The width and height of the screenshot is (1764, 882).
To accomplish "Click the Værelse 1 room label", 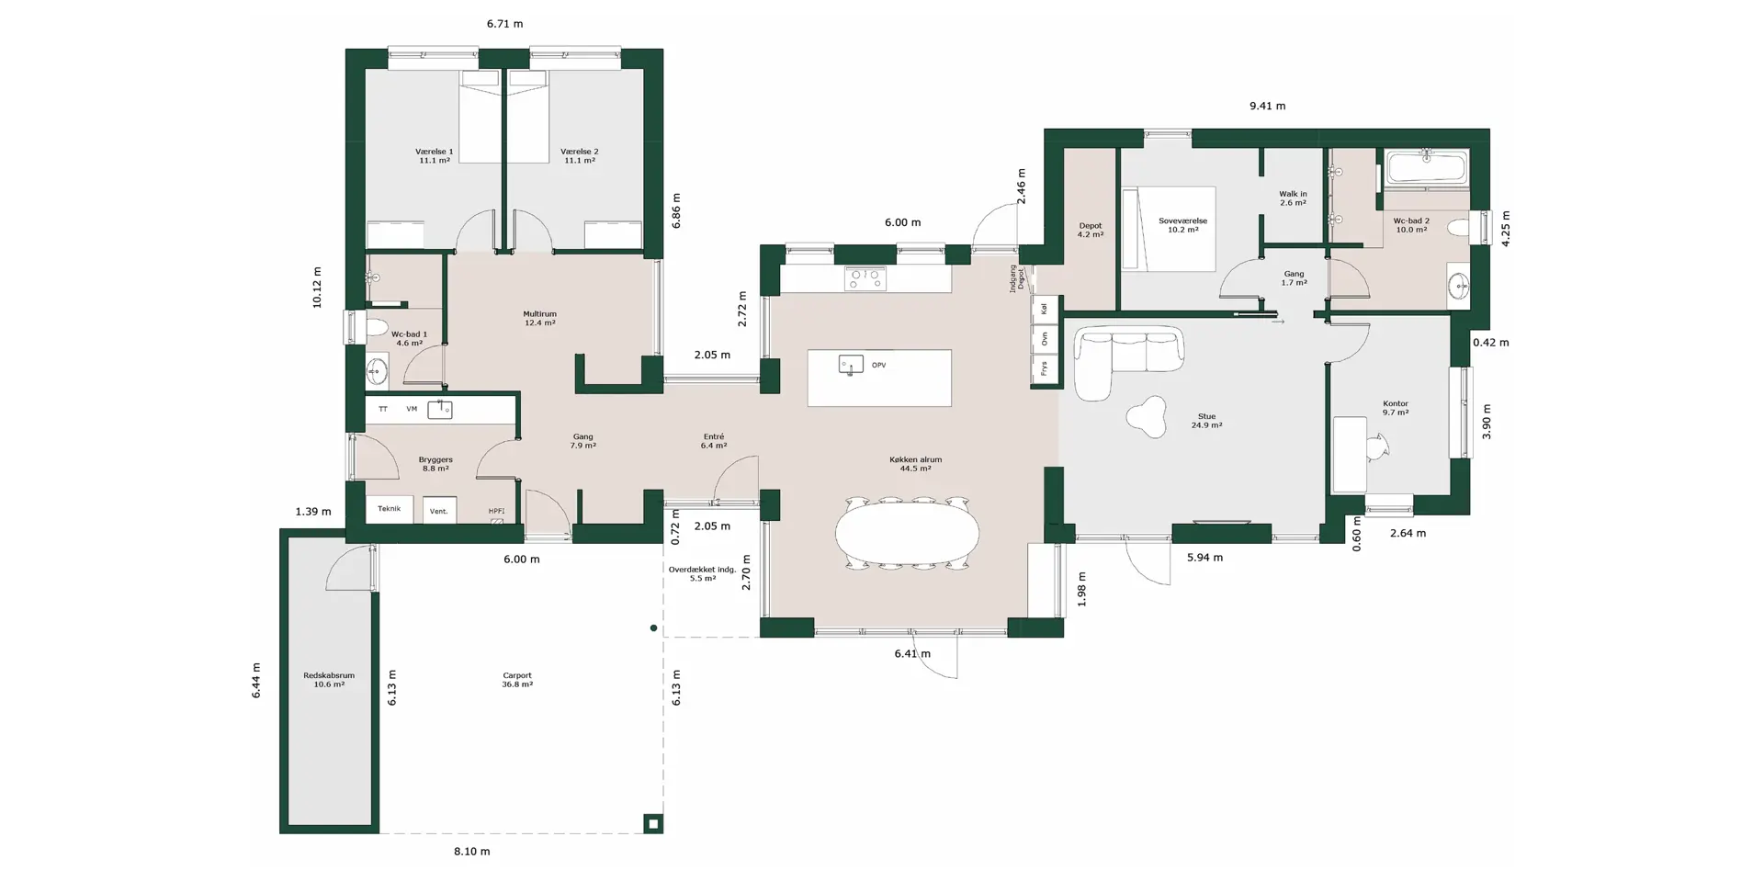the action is (434, 156).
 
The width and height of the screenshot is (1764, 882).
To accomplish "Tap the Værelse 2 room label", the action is (580, 156).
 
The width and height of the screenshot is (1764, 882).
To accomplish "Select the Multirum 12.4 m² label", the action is (540, 318).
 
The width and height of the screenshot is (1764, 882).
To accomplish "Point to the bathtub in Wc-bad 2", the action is (1427, 168).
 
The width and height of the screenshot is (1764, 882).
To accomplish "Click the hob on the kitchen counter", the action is (865, 278).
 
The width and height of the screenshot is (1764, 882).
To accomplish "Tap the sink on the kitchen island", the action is (851, 365).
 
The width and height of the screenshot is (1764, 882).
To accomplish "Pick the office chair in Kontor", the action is (1375, 446).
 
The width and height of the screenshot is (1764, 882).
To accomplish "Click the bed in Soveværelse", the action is (1167, 229).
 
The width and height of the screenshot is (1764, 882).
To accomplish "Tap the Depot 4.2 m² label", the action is (1091, 230).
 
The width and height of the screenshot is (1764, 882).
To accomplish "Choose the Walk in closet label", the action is (1293, 198).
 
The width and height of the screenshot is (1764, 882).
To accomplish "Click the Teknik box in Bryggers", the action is (390, 509).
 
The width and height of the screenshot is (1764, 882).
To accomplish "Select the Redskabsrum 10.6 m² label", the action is (329, 680).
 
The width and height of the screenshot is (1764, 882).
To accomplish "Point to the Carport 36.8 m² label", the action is (517, 680).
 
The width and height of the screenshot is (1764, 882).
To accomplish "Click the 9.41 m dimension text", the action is (1267, 106).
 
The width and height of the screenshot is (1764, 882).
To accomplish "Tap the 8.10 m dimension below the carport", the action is (472, 852).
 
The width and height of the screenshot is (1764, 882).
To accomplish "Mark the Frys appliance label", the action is (1045, 368).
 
